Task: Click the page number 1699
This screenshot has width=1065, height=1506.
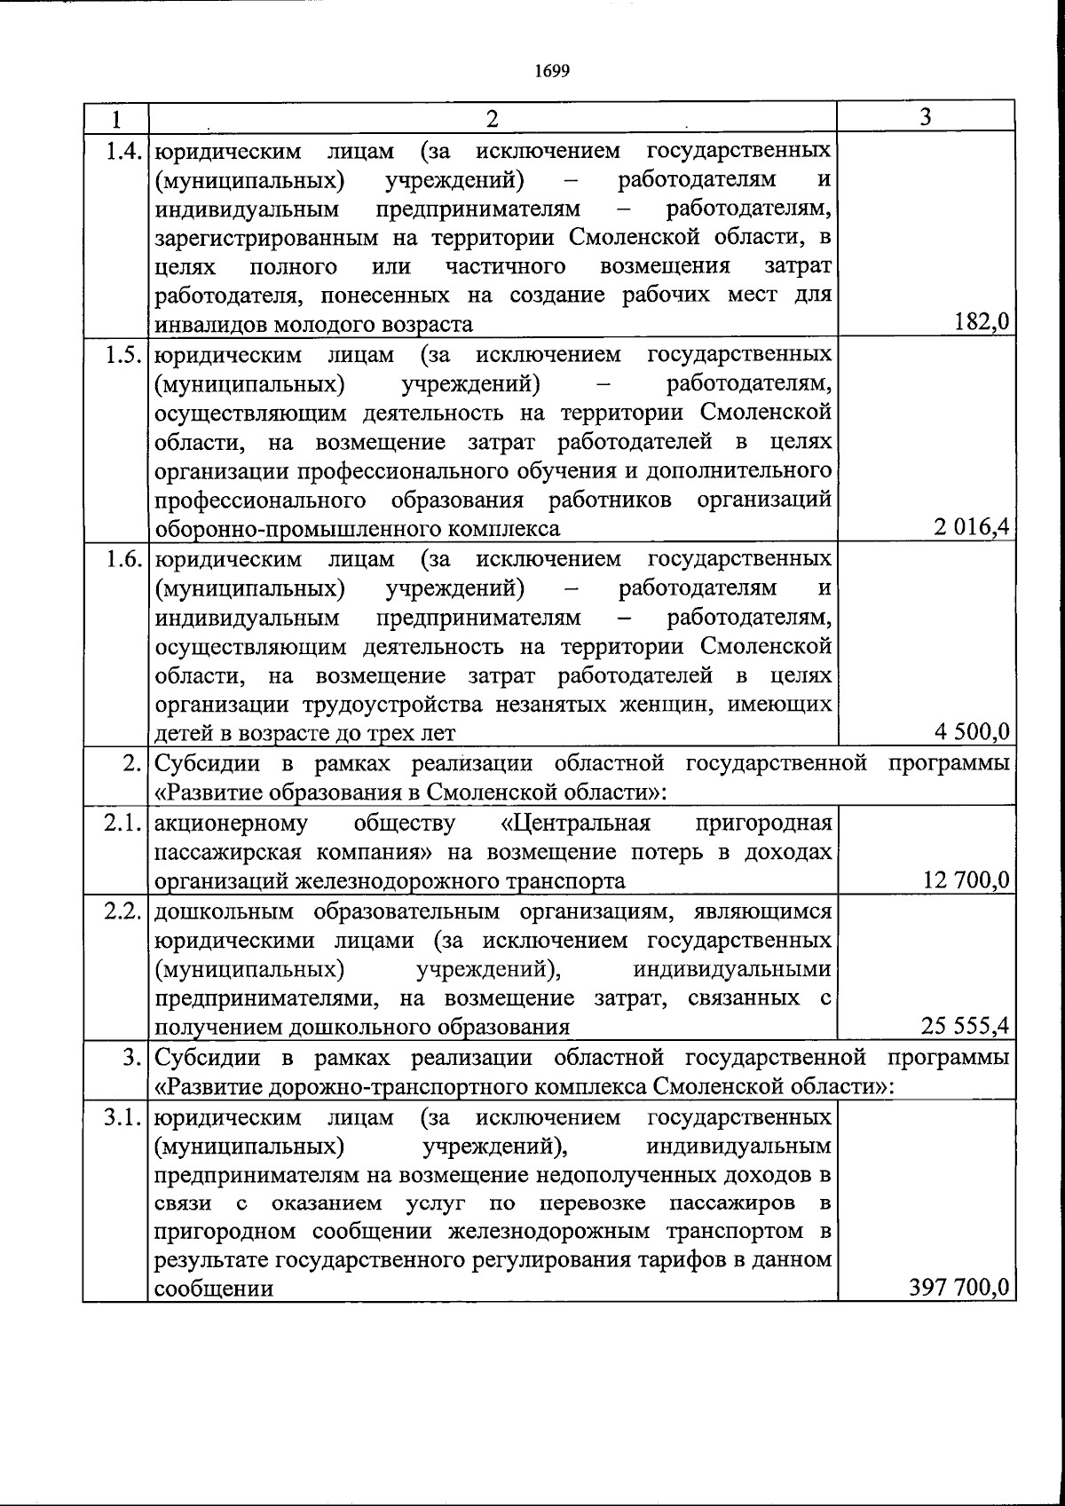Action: pyautogui.click(x=552, y=72)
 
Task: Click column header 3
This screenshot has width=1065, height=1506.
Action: pyautogui.click(x=926, y=117)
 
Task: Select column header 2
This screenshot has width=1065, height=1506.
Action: pyautogui.click(x=493, y=118)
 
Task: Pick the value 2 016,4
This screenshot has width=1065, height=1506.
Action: pyautogui.click(x=971, y=528)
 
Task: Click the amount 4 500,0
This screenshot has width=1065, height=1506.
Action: pyautogui.click(x=971, y=732)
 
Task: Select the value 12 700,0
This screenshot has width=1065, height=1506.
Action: pyautogui.click(x=966, y=880)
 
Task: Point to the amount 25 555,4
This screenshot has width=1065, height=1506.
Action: pyautogui.click(x=965, y=1027)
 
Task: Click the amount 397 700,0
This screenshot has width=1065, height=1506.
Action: pyautogui.click(x=960, y=1288)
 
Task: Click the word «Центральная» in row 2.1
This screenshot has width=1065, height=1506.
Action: pyautogui.click(x=575, y=824)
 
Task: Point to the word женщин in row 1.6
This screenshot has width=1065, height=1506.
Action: pyautogui.click(x=680, y=705)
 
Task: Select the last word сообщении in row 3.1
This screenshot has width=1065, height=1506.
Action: pyautogui.click(x=214, y=1289)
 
